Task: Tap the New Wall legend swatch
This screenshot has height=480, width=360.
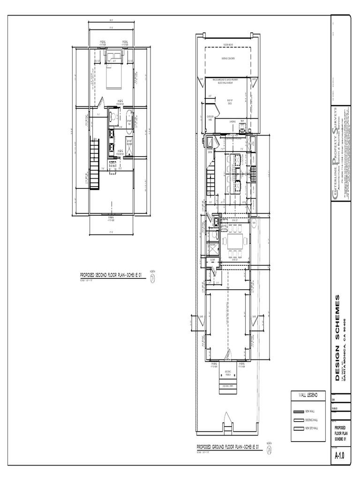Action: (x=298, y=411)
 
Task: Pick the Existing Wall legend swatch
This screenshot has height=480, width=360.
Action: (x=298, y=420)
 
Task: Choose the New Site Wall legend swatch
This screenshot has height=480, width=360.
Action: (x=298, y=428)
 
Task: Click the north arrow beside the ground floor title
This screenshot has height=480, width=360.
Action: (x=269, y=449)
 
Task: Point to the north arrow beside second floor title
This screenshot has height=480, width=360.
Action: (x=152, y=278)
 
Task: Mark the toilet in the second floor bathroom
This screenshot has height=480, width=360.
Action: (x=112, y=115)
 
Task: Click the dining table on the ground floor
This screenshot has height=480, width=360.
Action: (x=234, y=241)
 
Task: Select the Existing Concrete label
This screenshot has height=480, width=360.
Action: (x=228, y=58)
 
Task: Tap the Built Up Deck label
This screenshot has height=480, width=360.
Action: (x=230, y=101)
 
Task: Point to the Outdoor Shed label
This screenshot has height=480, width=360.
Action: (x=210, y=118)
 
